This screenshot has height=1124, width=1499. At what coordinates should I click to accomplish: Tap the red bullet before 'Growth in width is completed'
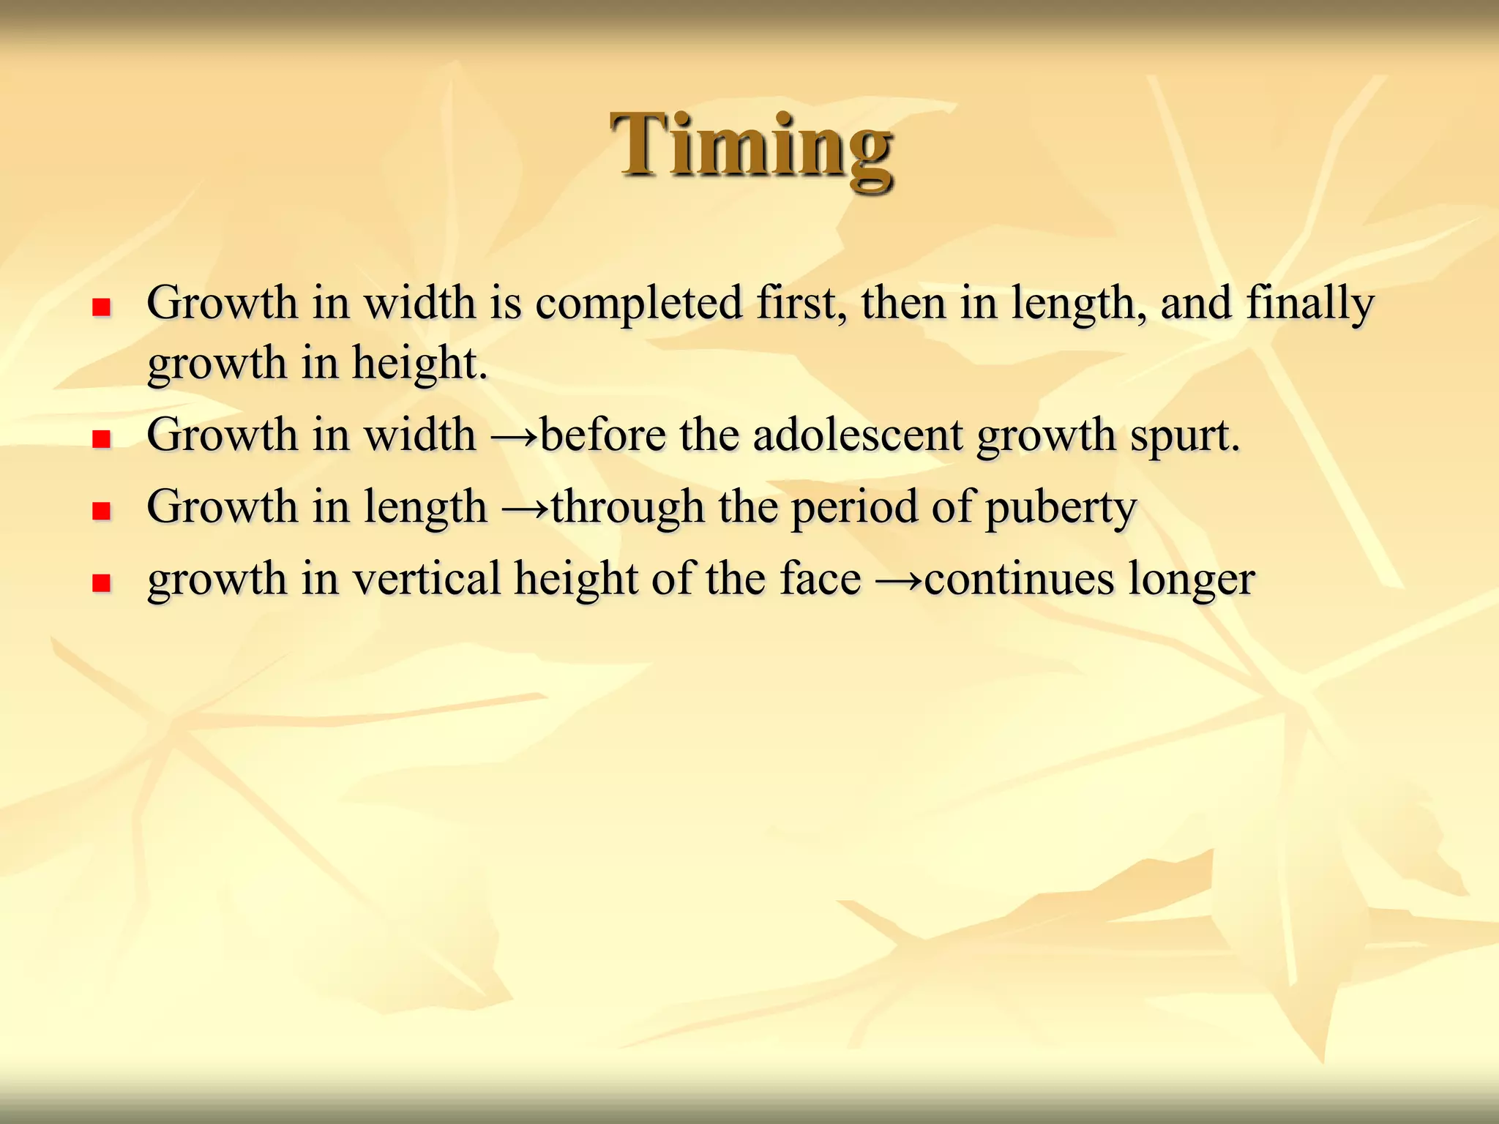pyautogui.click(x=101, y=307)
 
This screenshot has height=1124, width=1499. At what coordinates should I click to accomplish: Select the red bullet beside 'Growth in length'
pyautogui.click(x=101, y=510)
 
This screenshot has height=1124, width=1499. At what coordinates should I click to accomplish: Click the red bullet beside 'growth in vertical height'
pyautogui.click(x=101, y=582)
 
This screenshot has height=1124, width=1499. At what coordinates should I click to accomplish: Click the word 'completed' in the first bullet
pyautogui.click(x=639, y=303)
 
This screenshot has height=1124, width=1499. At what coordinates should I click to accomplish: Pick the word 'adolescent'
pyautogui.click(x=858, y=435)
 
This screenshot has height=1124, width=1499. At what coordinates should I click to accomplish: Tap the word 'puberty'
pyautogui.click(x=1061, y=508)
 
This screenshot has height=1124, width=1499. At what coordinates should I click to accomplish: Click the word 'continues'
pyautogui.click(x=1019, y=579)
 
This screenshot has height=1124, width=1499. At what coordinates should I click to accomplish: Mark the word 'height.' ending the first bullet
pyautogui.click(x=419, y=363)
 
